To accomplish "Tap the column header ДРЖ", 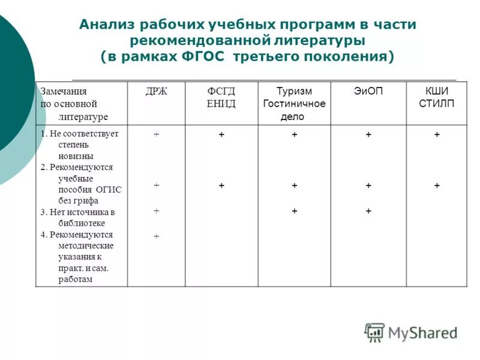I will [156, 91].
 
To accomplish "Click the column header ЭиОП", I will [368, 91].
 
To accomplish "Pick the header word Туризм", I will [294, 91].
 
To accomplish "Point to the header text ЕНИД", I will [221, 104].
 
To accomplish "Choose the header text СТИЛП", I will [436, 104].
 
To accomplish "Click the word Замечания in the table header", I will [64, 91].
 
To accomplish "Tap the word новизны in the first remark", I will [76, 156].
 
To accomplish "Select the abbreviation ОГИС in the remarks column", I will [108, 190].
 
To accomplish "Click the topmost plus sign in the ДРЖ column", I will [156, 135].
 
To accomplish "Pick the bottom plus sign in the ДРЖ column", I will [156, 237].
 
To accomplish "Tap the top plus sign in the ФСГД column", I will [221, 136].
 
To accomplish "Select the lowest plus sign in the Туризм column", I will [295, 211].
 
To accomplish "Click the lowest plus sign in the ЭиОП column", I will [368, 211].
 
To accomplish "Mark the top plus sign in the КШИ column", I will [437, 136].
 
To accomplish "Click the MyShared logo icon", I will [374, 332].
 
